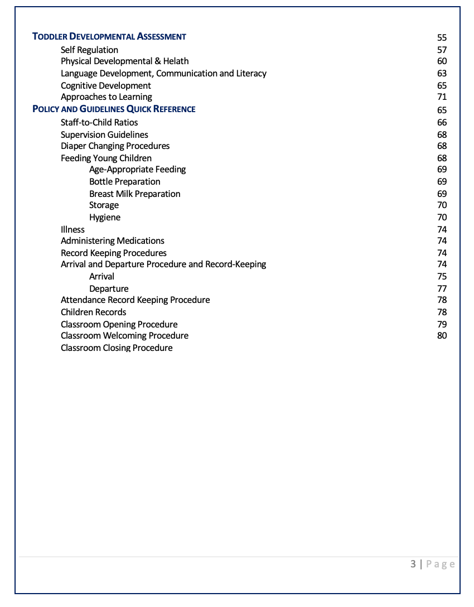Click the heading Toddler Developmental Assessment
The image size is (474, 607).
click(109, 37)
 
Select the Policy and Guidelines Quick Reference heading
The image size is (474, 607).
click(114, 109)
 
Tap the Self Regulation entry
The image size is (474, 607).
click(89, 50)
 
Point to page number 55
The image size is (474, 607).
click(442, 37)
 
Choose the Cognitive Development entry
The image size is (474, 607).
click(106, 85)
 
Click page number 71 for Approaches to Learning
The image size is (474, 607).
click(442, 97)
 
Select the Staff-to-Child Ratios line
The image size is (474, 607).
click(99, 122)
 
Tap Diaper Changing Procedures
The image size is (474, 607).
click(115, 146)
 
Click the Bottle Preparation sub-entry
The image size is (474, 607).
click(124, 182)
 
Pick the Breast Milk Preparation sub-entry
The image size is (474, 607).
click(134, 194)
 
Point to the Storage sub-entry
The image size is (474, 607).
click(104, 205)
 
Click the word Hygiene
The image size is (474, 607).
click(105, 218)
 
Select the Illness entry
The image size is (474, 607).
click(72, 229)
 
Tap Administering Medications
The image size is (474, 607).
click(112, 241)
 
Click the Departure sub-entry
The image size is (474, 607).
click(109, 289)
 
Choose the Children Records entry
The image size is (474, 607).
click(93, 312)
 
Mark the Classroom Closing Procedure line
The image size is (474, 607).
click(117, 348)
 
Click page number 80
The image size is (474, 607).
click(442, 336)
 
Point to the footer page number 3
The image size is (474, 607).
click(413, 564)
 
